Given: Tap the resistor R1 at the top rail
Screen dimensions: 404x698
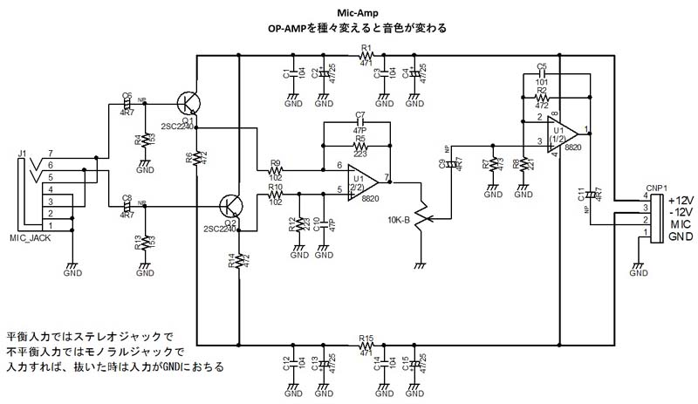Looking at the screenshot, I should click(x=366, y=57).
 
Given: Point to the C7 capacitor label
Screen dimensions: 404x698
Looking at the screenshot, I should click(x=359, y=115).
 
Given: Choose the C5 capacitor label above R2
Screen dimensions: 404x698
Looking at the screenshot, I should click(x=542, y=66).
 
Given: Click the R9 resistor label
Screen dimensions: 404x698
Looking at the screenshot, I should click(x=275, y=162).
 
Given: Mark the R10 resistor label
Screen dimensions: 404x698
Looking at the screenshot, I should click(x=275, y=186).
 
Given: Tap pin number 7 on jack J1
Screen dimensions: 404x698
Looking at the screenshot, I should click(x=51, y=154).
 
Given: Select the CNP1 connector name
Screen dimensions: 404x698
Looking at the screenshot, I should click(x=657, y=187).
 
